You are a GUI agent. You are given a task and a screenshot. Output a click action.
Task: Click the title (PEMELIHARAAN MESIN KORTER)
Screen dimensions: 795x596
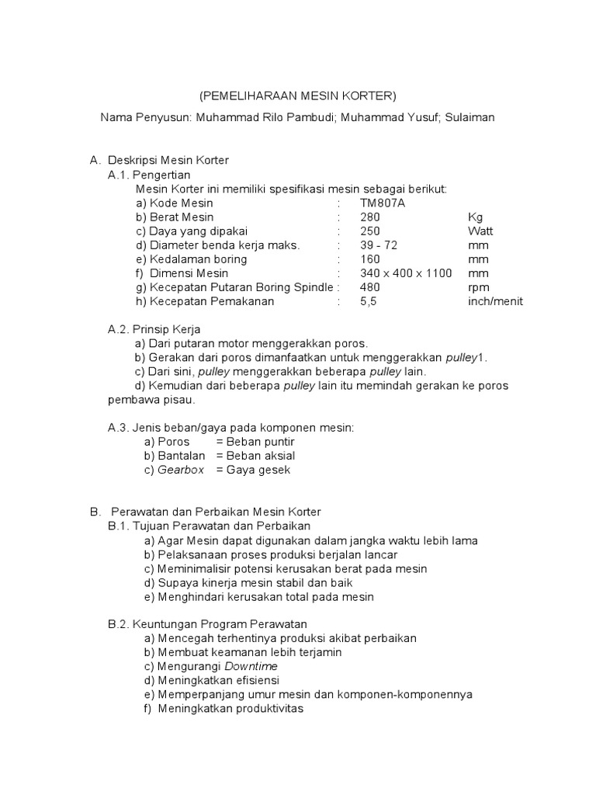tap(297, 95)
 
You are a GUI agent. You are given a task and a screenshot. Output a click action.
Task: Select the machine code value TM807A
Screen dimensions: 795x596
tap(383, 203)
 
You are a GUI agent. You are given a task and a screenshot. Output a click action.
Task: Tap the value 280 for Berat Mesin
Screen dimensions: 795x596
tap(370, 217)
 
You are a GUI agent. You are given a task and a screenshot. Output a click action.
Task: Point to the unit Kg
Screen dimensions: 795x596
tap(476, 217)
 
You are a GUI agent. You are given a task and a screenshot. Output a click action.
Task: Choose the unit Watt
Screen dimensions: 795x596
tap(480, 231)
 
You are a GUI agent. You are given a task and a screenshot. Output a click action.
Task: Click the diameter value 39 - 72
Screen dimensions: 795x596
tap(379, 245)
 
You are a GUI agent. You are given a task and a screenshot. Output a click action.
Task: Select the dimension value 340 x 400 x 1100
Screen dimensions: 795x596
tap(406, 273)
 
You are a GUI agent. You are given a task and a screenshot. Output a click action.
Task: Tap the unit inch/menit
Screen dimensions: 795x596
tap(495, 301)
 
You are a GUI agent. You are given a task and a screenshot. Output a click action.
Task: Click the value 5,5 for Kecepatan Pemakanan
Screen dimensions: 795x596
tap(368, 301)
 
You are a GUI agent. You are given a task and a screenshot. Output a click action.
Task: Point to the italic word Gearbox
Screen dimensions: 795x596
tap(182, 470)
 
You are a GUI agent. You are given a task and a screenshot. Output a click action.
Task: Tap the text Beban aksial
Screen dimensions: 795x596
tap(256, 456)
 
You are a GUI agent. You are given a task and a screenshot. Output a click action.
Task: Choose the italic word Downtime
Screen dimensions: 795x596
tap(251, 666)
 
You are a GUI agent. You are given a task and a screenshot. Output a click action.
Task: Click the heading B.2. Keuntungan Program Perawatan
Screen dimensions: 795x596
tap(207, 624)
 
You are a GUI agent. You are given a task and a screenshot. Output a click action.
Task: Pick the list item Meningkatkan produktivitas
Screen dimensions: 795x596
tap(230, 709)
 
